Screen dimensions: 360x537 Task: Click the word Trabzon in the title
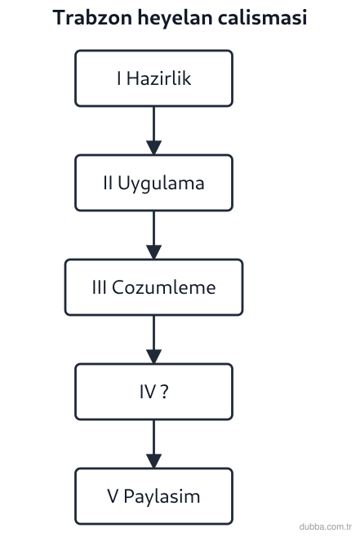[x=92, y=17]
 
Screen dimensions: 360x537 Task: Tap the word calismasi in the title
[x=262, y=17]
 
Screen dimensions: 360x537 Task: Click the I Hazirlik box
[x=153, y=78]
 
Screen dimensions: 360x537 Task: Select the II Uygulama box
[x=153, y=183]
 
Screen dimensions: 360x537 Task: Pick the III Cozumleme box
[x=153, y=287]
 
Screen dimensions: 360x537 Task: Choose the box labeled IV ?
[x=153, y=392]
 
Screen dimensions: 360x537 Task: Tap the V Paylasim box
[x=153, y=496]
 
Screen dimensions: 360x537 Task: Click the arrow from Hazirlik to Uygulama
[x=153, y=131]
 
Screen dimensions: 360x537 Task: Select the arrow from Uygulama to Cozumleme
[x=153, y=235]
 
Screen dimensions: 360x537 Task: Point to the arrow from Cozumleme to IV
[x=153, y=340]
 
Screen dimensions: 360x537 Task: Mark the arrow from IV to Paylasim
[x=153, y=444]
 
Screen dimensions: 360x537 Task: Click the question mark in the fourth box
[x=164, y=392]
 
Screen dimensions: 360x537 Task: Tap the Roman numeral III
[x=99, y=287]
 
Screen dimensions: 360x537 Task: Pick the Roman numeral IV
[x=148, y=392]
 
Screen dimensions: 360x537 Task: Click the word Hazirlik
[x=158, y=78]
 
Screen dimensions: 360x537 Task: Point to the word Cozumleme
[x=164, y=287]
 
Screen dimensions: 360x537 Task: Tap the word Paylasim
[x=162, y=497]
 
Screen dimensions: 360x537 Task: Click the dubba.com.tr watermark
[x=326, y=526]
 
